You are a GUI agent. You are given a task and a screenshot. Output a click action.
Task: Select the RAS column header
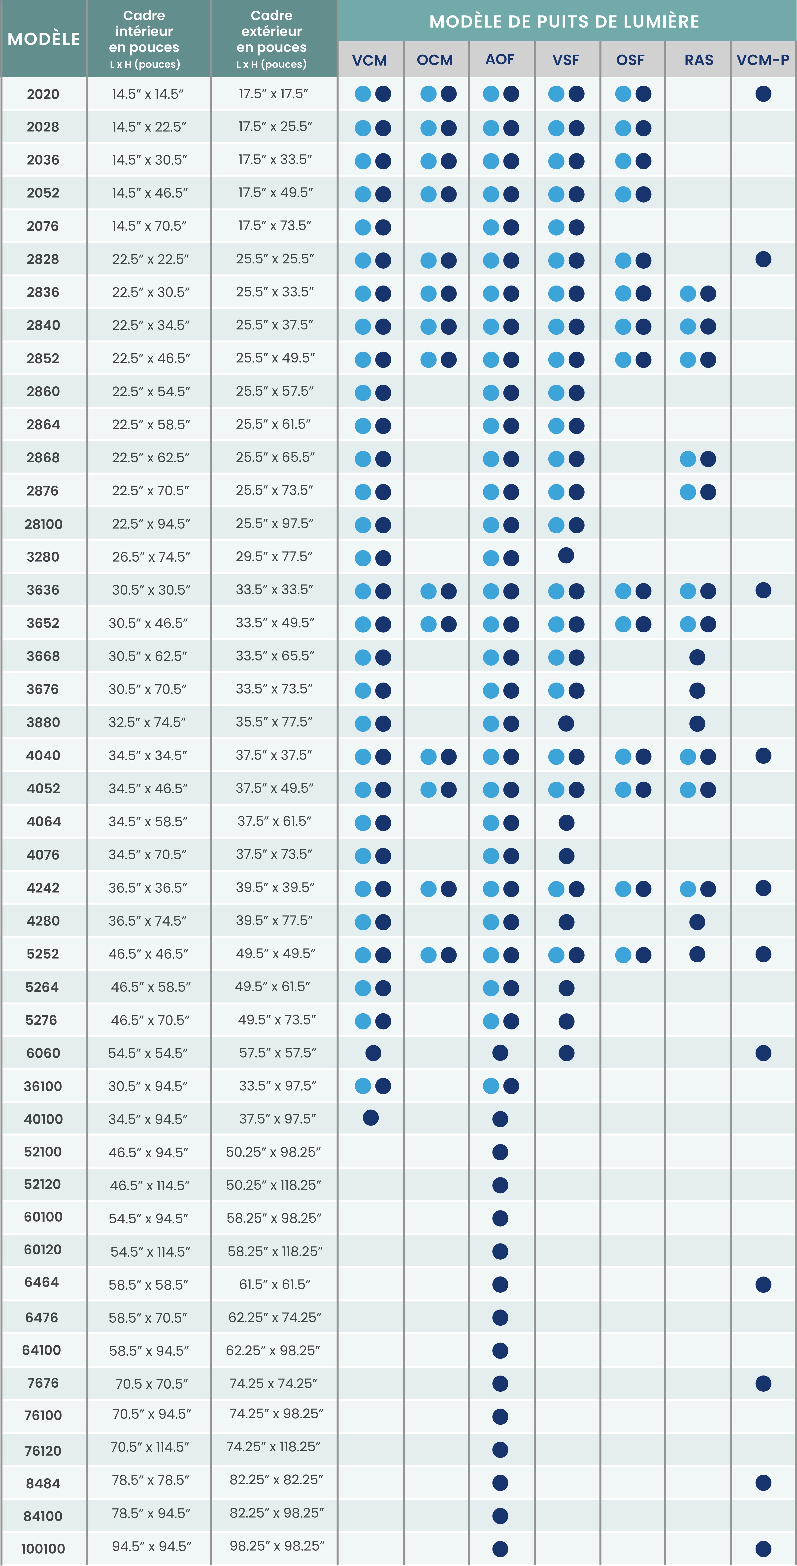point(698,60)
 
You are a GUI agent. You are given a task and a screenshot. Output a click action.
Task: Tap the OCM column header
point(435,60)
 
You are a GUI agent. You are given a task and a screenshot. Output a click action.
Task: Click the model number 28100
point(43,524)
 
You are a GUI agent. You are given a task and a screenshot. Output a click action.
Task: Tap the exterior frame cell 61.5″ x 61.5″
point(275,1284)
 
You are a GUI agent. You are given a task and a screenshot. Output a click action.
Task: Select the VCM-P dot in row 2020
point(763,94)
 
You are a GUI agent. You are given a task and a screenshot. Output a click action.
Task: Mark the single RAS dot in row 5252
point(697,954)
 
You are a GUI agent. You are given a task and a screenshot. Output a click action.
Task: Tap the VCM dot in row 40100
point(370,1117)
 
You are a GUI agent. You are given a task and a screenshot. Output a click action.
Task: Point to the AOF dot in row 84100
point(500,1516)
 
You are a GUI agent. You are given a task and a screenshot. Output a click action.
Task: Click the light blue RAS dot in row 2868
point(688,459)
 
